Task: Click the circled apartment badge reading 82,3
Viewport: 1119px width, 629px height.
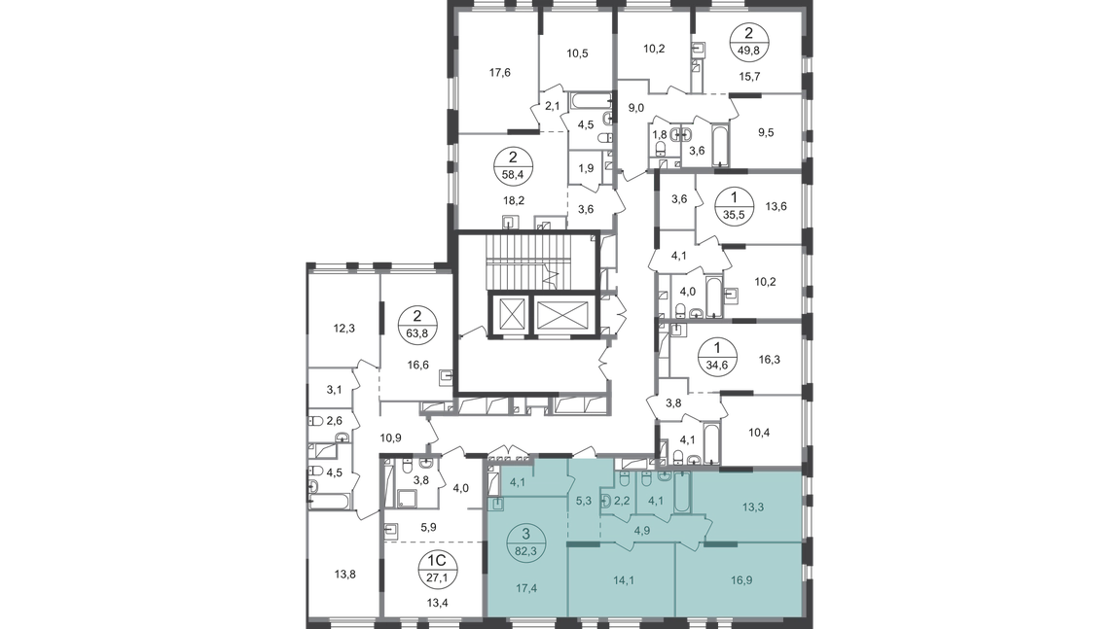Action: tap(526, 542)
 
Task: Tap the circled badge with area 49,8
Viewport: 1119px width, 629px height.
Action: tap(748, 42)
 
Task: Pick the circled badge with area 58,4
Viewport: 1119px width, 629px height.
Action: tap(513, 165)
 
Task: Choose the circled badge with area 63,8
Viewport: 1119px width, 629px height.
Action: tap(417, 324)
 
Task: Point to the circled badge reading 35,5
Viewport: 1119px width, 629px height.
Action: tap(735, 207)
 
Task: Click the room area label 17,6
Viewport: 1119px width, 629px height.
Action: tap(499, 73)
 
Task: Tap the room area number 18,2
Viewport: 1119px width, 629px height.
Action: tap(513, 200)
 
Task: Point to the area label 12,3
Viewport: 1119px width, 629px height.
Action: tap(344, 329)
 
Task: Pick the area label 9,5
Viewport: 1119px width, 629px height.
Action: tap(766, 132)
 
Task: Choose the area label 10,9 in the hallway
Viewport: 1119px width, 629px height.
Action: tap(390, 437)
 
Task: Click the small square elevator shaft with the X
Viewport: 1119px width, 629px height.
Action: tap(513, 314)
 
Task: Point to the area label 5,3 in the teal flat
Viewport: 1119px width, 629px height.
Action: tap(583, 501)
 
